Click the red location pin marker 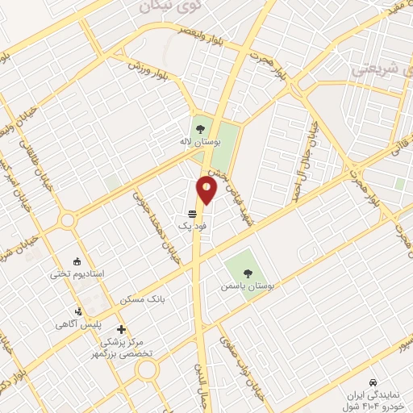[x=206, y=190]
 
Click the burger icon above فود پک [x=192, y=214]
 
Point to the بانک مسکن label [x=142, y=299]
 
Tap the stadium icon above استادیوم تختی [x=77, y=261]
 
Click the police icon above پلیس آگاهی [x=78, y=311]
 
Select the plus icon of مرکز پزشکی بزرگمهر [x=121, y=329]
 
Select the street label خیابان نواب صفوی [x=244, y=363]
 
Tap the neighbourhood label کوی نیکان [x=161, y=6]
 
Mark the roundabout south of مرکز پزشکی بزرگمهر [x=147, y=370]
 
